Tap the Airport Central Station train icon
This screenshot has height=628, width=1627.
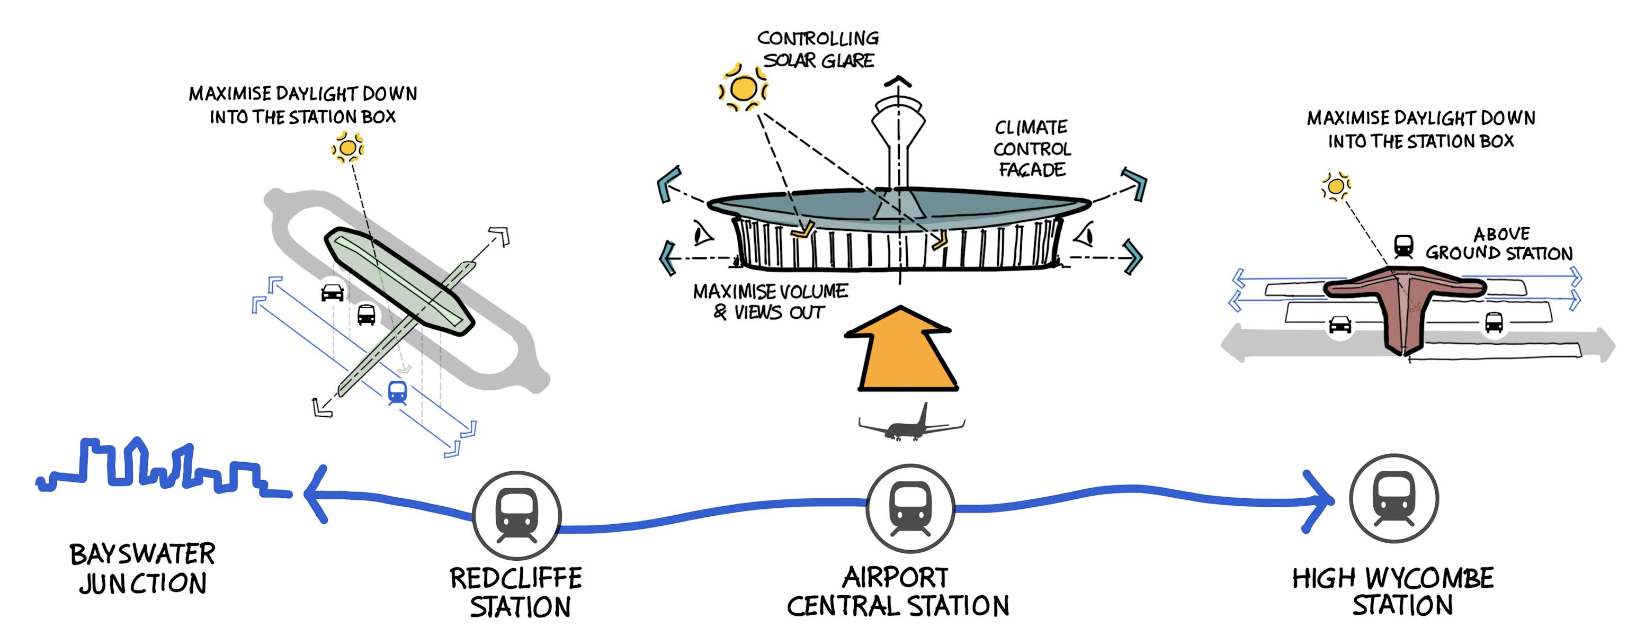click(910, 509)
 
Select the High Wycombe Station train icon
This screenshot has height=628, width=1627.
click(1393, 499)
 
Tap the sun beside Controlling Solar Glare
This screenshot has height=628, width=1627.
click(744, 88)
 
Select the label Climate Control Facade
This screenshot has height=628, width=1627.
click(1031, 149)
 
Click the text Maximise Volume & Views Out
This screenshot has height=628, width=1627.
click(770, 302)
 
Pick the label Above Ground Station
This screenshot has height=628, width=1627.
click(1499, 244)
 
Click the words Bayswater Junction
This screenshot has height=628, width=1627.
click(143, 568)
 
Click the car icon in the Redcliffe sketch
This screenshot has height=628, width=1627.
click(332, 293)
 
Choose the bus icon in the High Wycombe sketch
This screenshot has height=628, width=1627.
click(1493, 322)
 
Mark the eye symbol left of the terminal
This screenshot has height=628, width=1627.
click(702, 234)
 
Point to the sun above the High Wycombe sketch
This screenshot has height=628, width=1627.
click(1335, 186)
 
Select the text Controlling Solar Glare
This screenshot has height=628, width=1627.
click(818, 49)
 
